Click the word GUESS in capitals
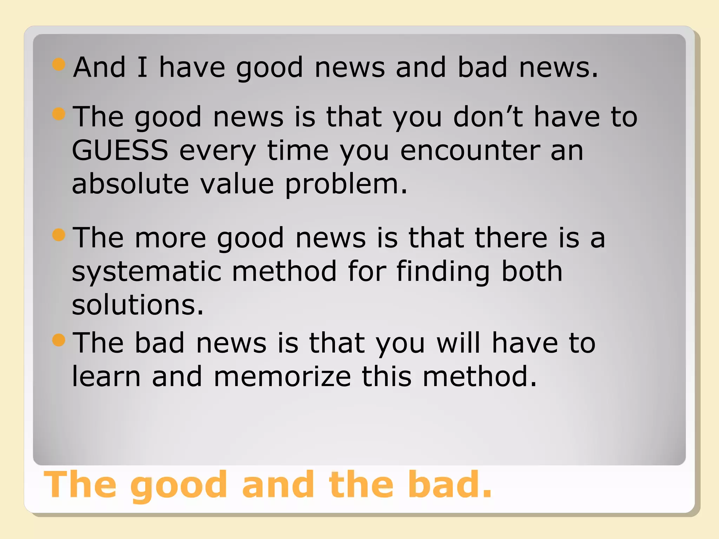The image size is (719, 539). [120, 150]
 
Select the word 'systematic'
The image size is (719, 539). [146, 271]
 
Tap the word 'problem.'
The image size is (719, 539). [346, 184]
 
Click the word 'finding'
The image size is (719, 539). [443, 271]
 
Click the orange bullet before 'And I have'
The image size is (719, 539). [59, 65]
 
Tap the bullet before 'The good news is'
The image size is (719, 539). [59, 114]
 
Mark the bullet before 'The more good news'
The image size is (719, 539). [59, 235]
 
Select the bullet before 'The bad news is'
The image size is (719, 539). [59, 340]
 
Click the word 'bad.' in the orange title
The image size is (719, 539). [450, 485]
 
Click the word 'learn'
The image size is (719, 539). [106, 376]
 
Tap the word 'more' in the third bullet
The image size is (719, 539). [170, 238]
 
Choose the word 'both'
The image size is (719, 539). [532, 271]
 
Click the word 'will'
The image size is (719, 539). [458, 342]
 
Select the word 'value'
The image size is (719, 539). [237, 184]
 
